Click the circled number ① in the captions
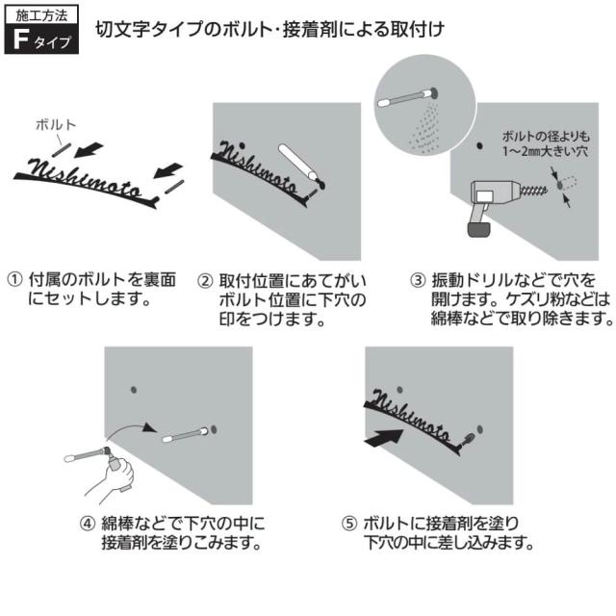(x=14, y=280)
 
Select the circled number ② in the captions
(x=205, y=280)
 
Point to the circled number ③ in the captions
(x=418, y=280)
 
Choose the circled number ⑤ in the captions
(x=350, y=525)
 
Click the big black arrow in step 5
(x=385, y=436)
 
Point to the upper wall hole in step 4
(x=134, y=390)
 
